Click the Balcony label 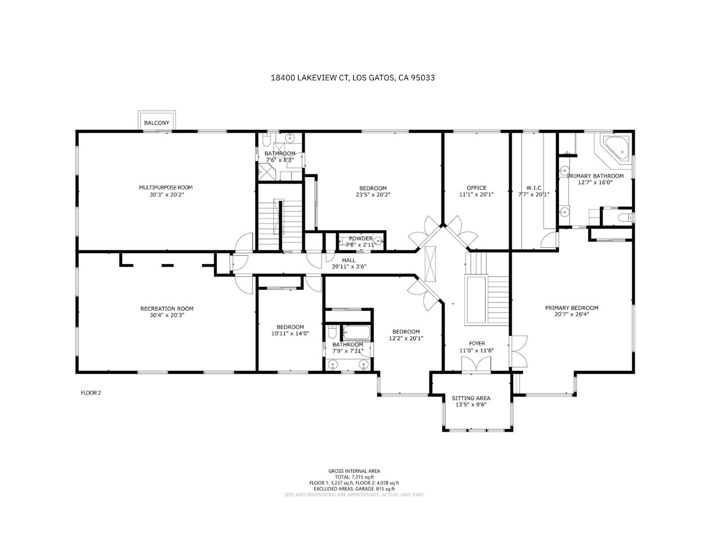coord(157,123)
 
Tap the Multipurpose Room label coord(166,188)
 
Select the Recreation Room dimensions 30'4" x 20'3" coord(167,315)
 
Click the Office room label coord(476,188)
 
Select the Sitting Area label coord(471,398)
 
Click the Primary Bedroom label coord(571,308)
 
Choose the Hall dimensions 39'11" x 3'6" coord(348,266)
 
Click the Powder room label coord(360,239)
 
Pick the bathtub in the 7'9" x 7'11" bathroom coord(357,334)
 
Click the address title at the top coord(353,78)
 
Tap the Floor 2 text coord(91,393)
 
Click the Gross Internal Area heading coord(354,471)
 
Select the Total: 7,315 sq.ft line coord(354,477)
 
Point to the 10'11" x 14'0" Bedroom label coord(290,327)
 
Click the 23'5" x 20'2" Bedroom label coord(373,188)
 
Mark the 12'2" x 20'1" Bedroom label coord(406,332)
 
